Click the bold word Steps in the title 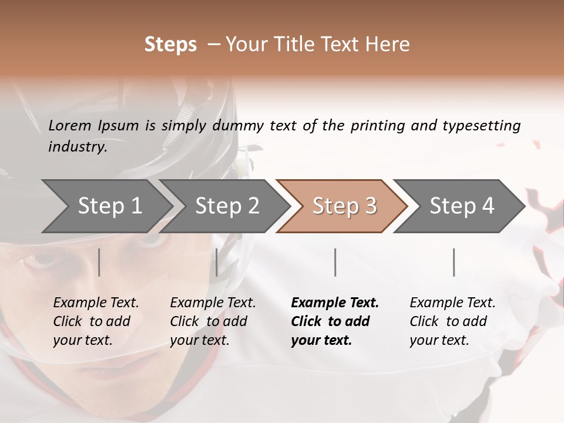tap(170, 45)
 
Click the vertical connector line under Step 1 tap(99, 262)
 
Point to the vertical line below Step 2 tap(217, 262)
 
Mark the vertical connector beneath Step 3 tap(335, 262)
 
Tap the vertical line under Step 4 tap(454, 262)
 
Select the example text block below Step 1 tap(96, 321)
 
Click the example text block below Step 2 tap(213, 321)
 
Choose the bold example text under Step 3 tap(334, 321)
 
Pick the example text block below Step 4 tap(452, 321)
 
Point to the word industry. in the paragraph tap(78, 147)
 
